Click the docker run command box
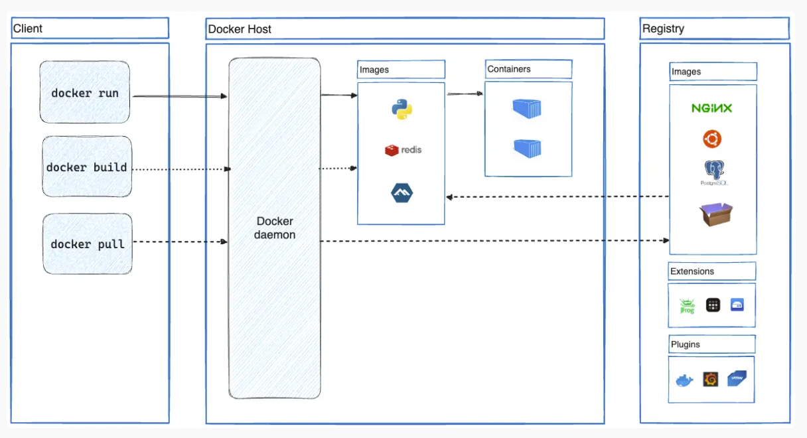[84, 92]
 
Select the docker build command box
[86, 167]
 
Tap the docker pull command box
[87, 244]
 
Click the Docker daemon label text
[275, 228]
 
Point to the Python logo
[402, 109]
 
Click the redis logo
[403, 150]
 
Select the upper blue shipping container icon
[528, 108]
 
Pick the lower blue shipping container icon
[528, 147]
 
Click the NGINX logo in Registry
[711, 108]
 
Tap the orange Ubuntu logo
[712, 139]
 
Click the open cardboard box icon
[715, 214]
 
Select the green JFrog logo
[686, 306]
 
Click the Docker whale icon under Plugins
[684, 380]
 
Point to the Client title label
[28, 29]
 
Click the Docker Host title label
[240, 29]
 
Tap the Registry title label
[663, 29]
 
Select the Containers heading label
[509, 69]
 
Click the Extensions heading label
[692, 271]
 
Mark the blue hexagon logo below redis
[402, 193]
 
